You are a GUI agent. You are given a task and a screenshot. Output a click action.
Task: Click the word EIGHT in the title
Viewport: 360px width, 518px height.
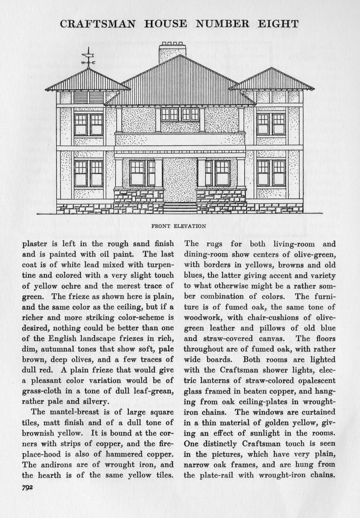point(279,24)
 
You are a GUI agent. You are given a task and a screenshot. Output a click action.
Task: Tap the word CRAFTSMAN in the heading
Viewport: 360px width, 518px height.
point(98,24)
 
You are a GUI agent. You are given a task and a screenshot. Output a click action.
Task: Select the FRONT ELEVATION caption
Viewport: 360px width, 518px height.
point(179,226)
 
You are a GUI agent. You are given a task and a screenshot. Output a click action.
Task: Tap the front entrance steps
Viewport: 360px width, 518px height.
point(180,208)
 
